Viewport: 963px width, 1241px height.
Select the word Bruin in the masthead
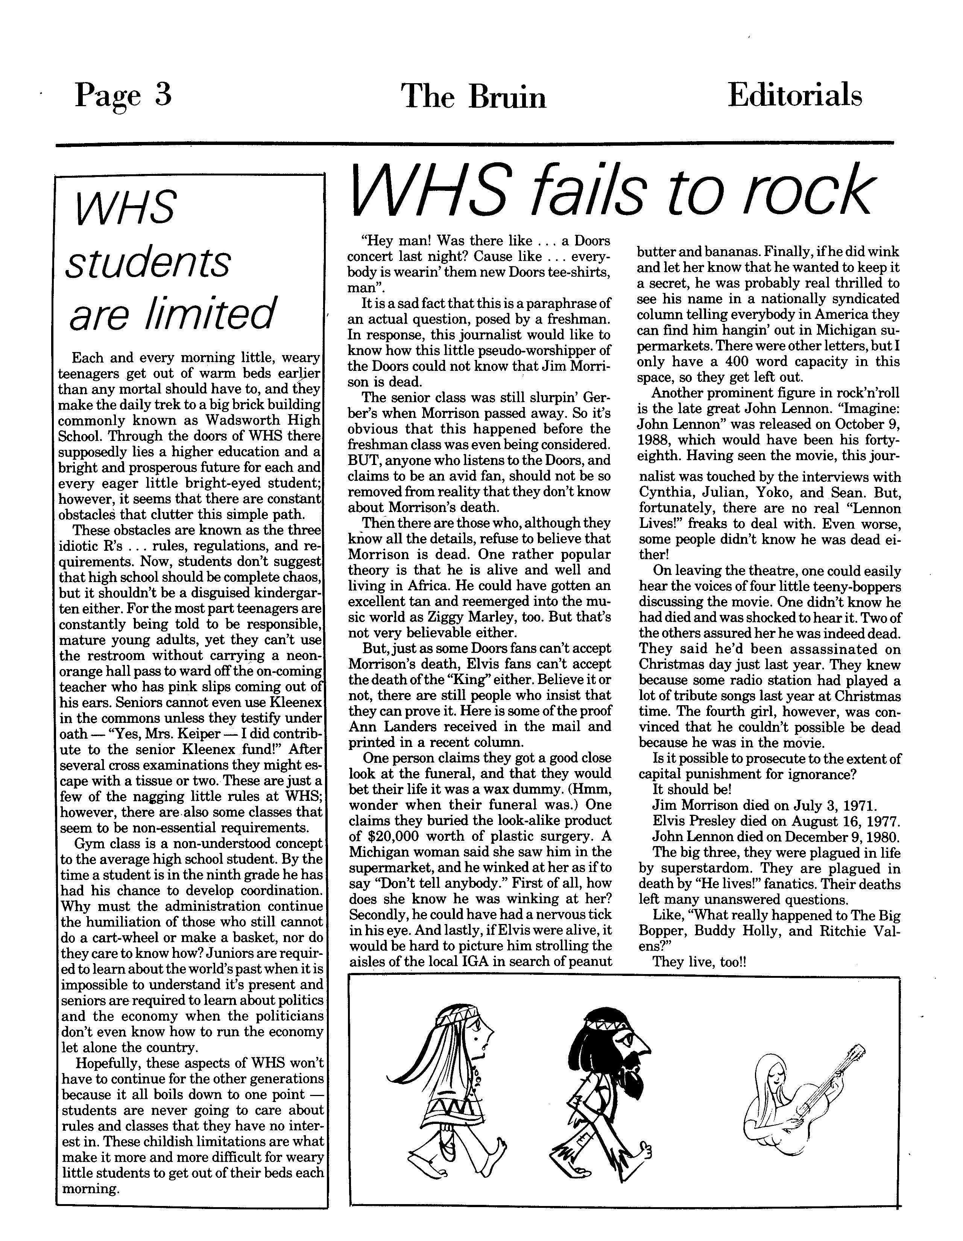(507, 97)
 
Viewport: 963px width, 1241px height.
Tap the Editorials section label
(794, 95)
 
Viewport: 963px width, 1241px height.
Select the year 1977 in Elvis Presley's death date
(882, 821)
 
